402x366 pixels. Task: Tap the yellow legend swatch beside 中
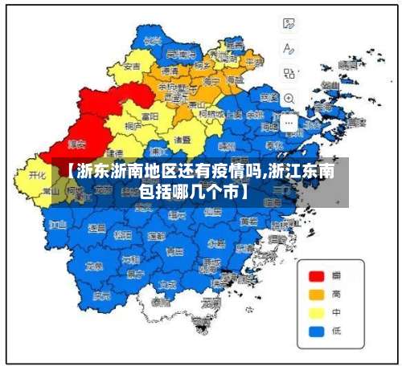click(317, 312)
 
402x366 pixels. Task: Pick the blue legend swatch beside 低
click(317, 330)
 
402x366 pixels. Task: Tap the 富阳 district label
click(150, 116)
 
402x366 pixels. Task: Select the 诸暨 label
click(182, 139)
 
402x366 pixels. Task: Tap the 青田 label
click(187, 253)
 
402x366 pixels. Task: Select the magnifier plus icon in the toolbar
click(289, 98)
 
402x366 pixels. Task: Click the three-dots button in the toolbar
click(289, 123)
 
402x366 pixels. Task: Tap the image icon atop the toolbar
click(289, 24)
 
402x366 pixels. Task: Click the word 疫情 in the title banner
click(244, 172)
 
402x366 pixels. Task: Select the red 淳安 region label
click(76, 145)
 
